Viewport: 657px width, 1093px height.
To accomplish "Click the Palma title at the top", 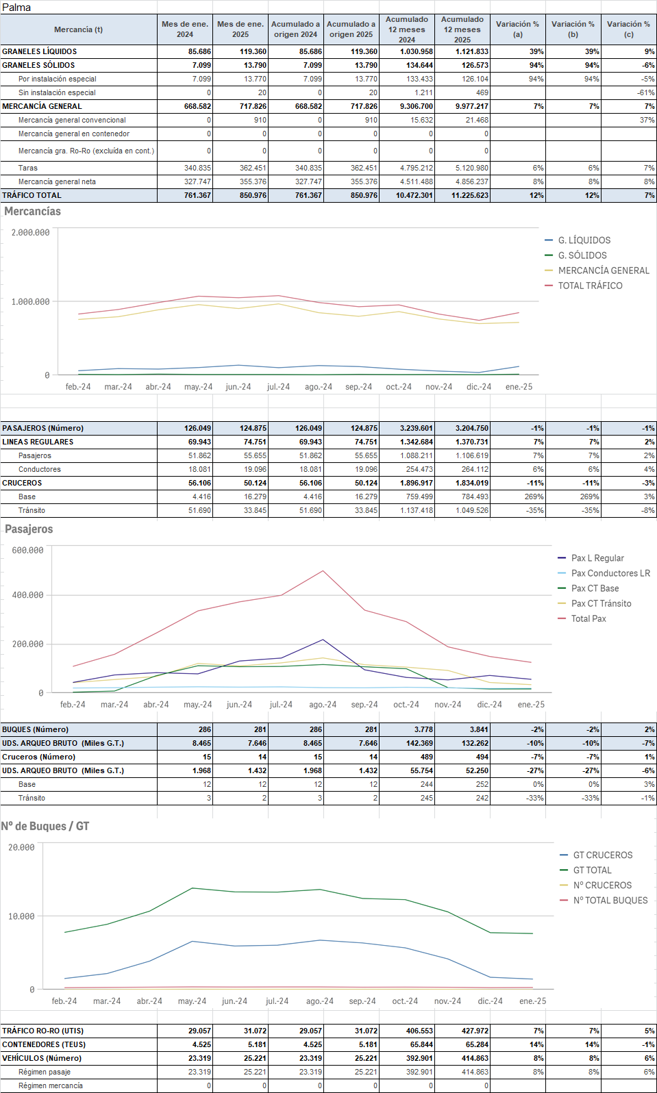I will tap(16, 8).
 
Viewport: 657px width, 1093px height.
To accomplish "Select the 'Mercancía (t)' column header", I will tap(78, 29).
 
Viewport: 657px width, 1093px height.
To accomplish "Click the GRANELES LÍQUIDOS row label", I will tap(40, 51).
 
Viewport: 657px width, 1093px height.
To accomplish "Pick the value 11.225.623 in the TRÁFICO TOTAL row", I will tap(470, 195).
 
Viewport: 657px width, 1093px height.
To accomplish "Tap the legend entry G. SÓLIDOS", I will tap(582, 255).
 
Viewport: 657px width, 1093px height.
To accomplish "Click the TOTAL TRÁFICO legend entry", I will tap(590, 286).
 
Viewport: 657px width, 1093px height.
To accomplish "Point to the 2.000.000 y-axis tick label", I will tap(31, 233).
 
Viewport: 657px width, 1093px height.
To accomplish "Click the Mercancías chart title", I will tap(32, 212).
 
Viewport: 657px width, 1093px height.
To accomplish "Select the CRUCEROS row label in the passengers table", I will tap(22, 483).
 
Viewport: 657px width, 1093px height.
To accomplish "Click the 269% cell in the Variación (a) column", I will tap(534, 497).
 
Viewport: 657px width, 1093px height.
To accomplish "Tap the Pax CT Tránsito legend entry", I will tap(601, 603).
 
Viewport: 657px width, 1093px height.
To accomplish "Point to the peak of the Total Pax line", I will tap(323, 571).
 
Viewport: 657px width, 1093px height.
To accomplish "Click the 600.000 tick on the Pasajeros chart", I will tap(28, 551).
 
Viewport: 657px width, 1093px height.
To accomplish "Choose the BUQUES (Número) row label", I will tap(35, 729).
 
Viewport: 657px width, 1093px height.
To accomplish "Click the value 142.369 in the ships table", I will tap(419, 743).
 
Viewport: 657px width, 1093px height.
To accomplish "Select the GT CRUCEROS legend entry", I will tap(602, 855).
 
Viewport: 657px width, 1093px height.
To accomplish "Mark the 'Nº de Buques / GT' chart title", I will tap(45, 827).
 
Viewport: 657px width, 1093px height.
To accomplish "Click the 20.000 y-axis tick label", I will tap(22, 848).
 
